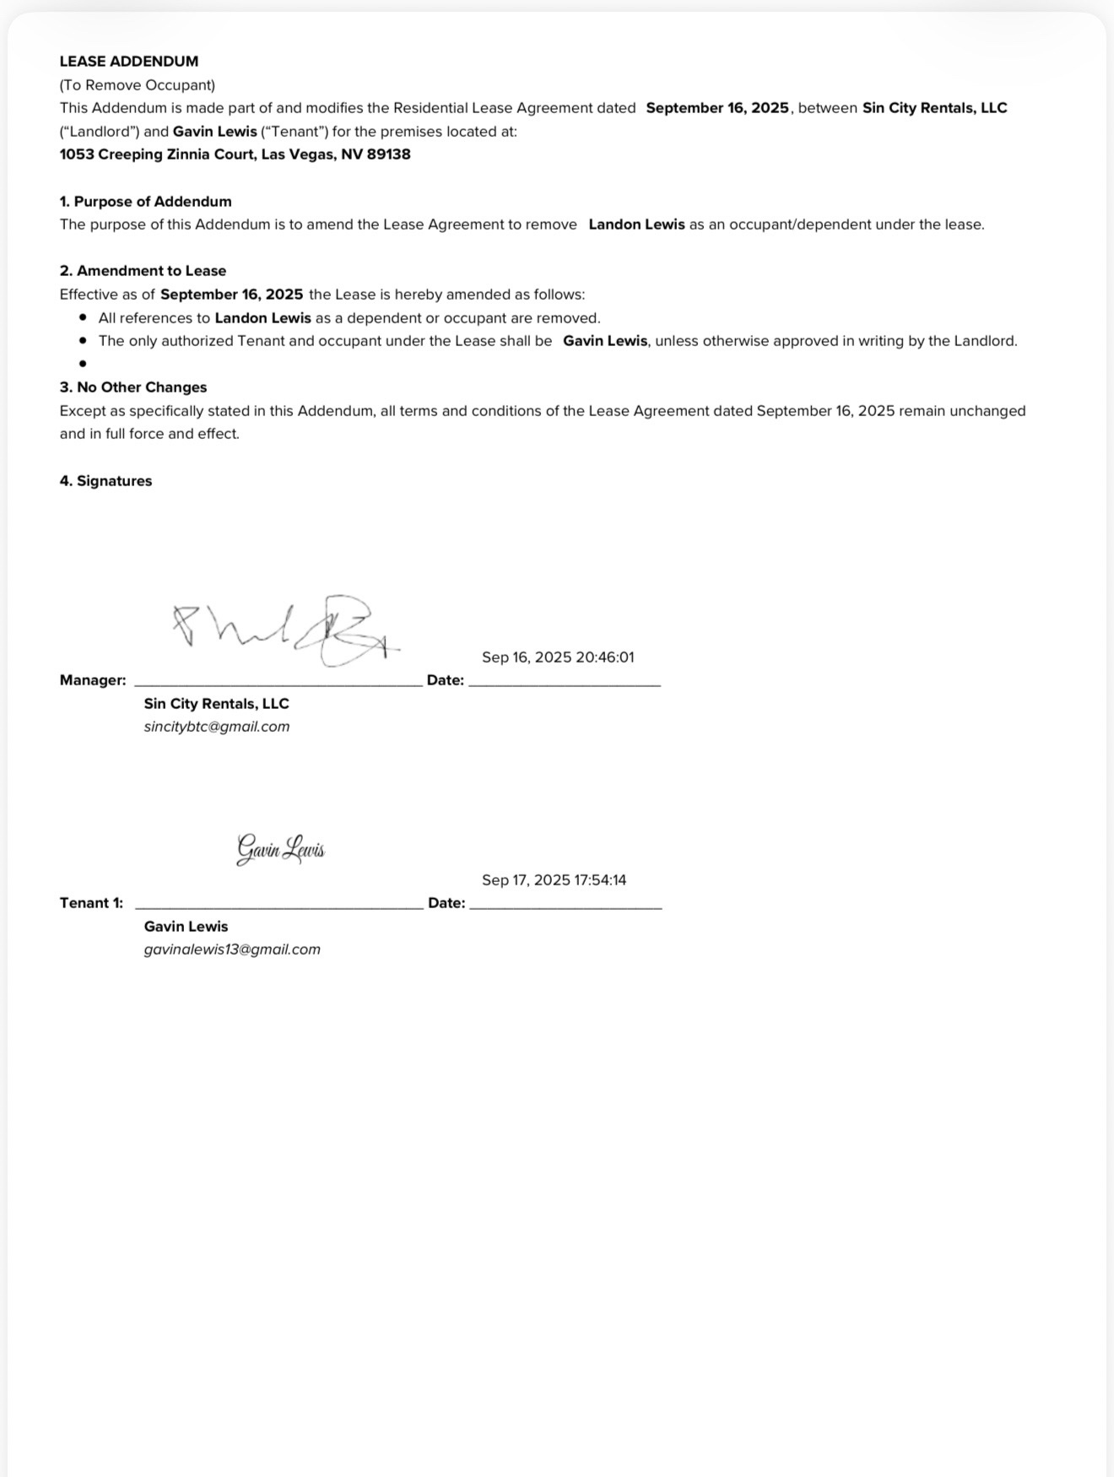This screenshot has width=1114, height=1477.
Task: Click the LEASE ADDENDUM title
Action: (129, 62)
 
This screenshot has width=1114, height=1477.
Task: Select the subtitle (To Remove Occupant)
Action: (138, 85)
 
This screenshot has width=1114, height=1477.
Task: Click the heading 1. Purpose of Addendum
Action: (145, 202)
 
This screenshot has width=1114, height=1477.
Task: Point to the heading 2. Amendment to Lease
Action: (143, 271)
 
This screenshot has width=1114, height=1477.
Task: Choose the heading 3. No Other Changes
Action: (133, 387)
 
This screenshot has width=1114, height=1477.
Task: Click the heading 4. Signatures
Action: (106, 481)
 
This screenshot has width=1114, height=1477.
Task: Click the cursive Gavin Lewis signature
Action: (280, 849)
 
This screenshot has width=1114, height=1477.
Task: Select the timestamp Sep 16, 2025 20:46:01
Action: (558, 657)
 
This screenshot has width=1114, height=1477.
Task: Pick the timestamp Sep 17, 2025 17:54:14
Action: (554, 880)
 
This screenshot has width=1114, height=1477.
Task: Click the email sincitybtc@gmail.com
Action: (217, 727)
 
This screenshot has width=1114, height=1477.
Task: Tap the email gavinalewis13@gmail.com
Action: (232, 949)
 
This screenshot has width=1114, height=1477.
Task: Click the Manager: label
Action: (93, 680)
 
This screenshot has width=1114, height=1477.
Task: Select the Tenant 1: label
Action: (91, 903)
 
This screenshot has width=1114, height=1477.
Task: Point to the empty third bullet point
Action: (83, 365)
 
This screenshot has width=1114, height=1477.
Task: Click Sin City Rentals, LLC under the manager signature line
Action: (217, 704)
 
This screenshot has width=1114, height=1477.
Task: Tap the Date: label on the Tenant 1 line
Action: (446, 903)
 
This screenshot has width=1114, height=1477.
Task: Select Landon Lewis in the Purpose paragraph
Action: (636, 225)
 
